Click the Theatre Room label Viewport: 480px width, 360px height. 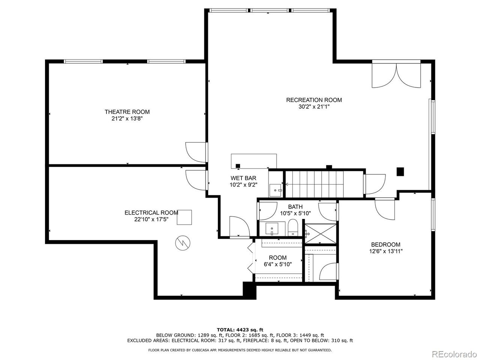(x=127, y=112)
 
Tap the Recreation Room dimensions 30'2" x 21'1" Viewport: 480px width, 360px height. (x=314, y=107)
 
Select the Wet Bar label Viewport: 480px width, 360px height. (x=243, y=178)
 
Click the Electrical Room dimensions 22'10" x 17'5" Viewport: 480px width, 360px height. (x=151, y=219)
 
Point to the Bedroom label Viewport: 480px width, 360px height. (x=386, y=244)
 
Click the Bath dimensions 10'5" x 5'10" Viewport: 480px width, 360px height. (x=295, y=213)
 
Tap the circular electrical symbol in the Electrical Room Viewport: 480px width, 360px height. (x=183, y=243)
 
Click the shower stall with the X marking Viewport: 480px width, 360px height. (x=320, y=234)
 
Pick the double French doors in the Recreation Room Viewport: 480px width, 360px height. (x=396, y=75)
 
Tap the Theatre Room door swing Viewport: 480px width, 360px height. (x=196, y=152)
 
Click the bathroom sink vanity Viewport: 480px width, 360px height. (x=272, y=229)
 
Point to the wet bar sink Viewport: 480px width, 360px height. (x=275, y=190)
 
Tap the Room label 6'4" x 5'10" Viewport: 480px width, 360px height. (x=277, y=261)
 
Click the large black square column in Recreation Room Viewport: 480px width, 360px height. (x=400, y=172)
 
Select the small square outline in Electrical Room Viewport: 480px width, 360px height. (x=184, y=217)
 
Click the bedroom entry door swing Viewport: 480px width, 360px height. (x=385, y=209)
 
